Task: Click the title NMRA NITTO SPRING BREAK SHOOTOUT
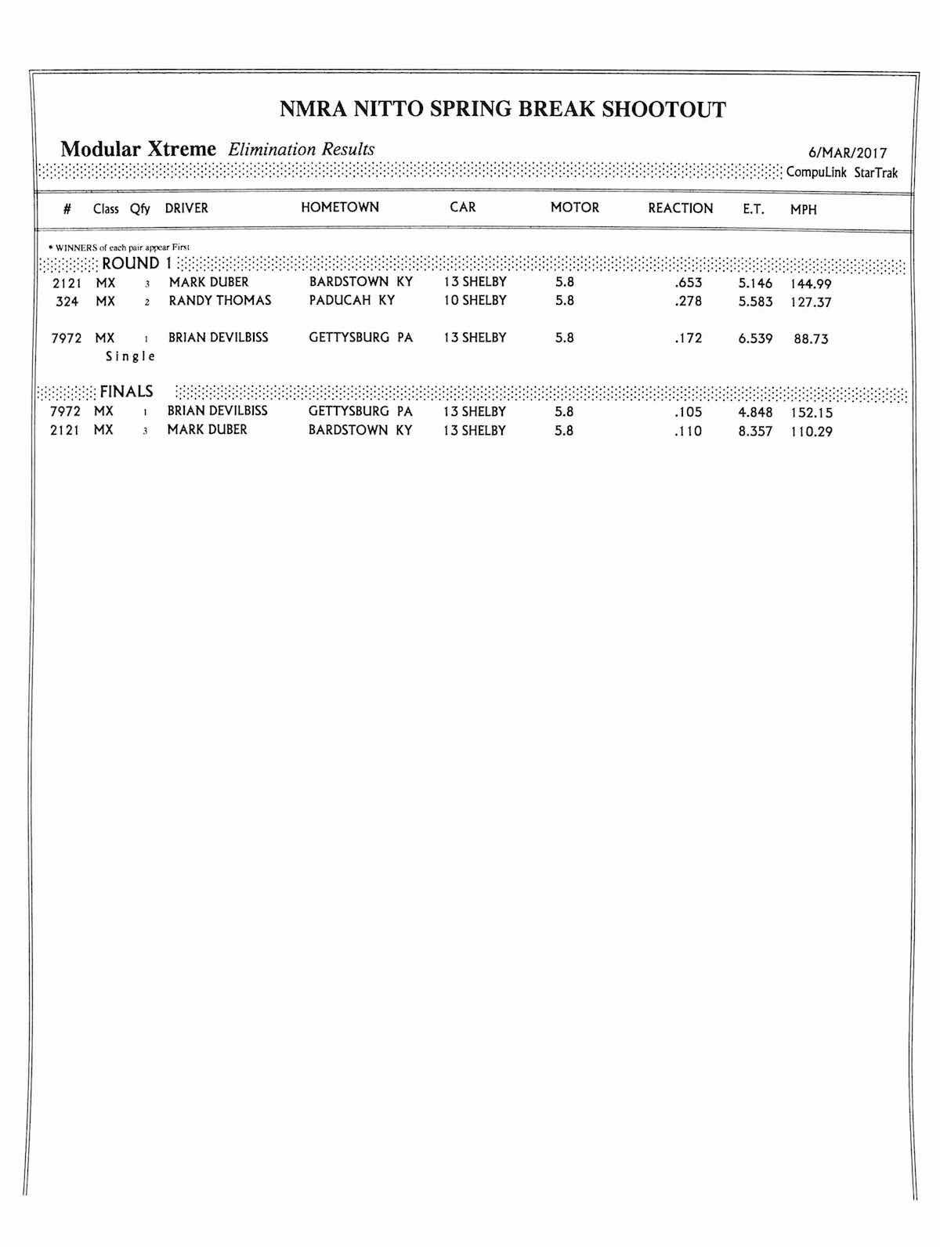click(x=502, y=109)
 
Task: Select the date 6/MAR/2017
click(x=848, y=154)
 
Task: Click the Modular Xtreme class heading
click(x=138, y=149)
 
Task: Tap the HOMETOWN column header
click(x=339, y=208)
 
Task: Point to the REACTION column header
click(x=680, y=208)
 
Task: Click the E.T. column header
click(x=753, y=210)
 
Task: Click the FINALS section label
click(x=126, y=392)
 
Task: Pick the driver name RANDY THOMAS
click(x=219, y=301)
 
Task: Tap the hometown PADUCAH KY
click(x=352, y=301)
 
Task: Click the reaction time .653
click(x=688, y=283)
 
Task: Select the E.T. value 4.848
click(x=755, y=413)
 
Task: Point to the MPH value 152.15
click(x=811, y=414)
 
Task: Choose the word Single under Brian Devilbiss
click(x=131, y=356)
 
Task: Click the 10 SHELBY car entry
click(x=475, y=301)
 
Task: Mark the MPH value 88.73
click(x=811, y=340)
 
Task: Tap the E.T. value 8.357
click(x=755, y=432)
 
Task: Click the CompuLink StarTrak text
click(x=841, y=173)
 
